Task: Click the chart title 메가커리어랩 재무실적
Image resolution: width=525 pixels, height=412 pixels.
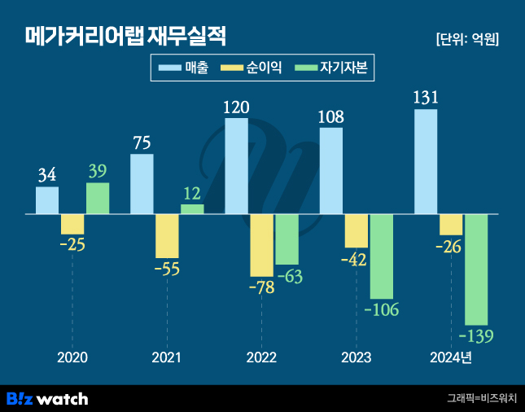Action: click(125, 37)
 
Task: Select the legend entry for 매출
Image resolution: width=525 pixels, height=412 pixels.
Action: click(184, 69)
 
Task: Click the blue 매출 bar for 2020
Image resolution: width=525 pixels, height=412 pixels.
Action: click(47, 200)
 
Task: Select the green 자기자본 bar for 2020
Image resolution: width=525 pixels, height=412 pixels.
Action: click(98, 199)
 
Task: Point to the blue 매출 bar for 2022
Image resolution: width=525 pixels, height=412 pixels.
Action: click(236, 166)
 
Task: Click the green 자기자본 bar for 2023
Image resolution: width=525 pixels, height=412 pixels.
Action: click(381, 256)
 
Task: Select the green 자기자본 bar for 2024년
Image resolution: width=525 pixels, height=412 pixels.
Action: click(476, 270)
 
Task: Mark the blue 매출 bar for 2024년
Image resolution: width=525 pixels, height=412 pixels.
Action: click(426, 162)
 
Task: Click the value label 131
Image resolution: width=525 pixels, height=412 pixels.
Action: click(426, 98)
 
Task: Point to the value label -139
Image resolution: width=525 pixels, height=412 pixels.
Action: click(476, 335)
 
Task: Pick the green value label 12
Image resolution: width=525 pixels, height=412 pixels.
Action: click(192, 193)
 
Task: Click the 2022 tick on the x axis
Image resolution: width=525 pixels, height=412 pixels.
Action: click(261, 358)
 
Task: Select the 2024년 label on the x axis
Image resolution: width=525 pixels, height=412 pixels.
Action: click(450, 358)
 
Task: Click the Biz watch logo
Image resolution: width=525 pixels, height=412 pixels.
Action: click(47, 398)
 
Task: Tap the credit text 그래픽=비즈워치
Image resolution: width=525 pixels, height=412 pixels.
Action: click(480, 398)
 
